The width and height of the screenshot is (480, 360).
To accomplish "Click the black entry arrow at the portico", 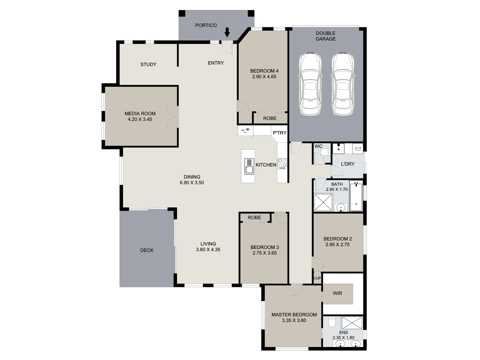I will click(227, 32).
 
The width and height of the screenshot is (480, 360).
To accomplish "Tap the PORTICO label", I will click(206, 25).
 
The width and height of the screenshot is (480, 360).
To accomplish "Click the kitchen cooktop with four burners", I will click(282, 163).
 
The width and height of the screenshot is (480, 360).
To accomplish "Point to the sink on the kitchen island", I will click(249, 166).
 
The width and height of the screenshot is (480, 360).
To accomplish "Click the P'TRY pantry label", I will click(279, 133).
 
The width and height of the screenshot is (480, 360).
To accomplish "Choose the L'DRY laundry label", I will click(347, 164).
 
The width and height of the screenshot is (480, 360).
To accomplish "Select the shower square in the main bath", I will click(323, 202).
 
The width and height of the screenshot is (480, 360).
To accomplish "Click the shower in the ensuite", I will click(352, 323).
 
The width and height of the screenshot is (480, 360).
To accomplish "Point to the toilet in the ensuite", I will click(332, 322).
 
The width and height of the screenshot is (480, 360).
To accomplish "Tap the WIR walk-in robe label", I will click(337, 293).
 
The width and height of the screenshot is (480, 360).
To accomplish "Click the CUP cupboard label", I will click(317, 278).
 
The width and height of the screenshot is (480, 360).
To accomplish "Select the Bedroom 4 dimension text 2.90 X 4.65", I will click(264, 77).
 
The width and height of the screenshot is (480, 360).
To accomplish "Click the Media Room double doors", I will click(173, 117).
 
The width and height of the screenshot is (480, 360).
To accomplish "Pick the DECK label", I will click(147, 250).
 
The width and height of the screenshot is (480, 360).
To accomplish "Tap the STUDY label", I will click(148, 64).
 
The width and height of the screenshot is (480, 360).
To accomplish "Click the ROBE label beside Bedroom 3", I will click(254, 217).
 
